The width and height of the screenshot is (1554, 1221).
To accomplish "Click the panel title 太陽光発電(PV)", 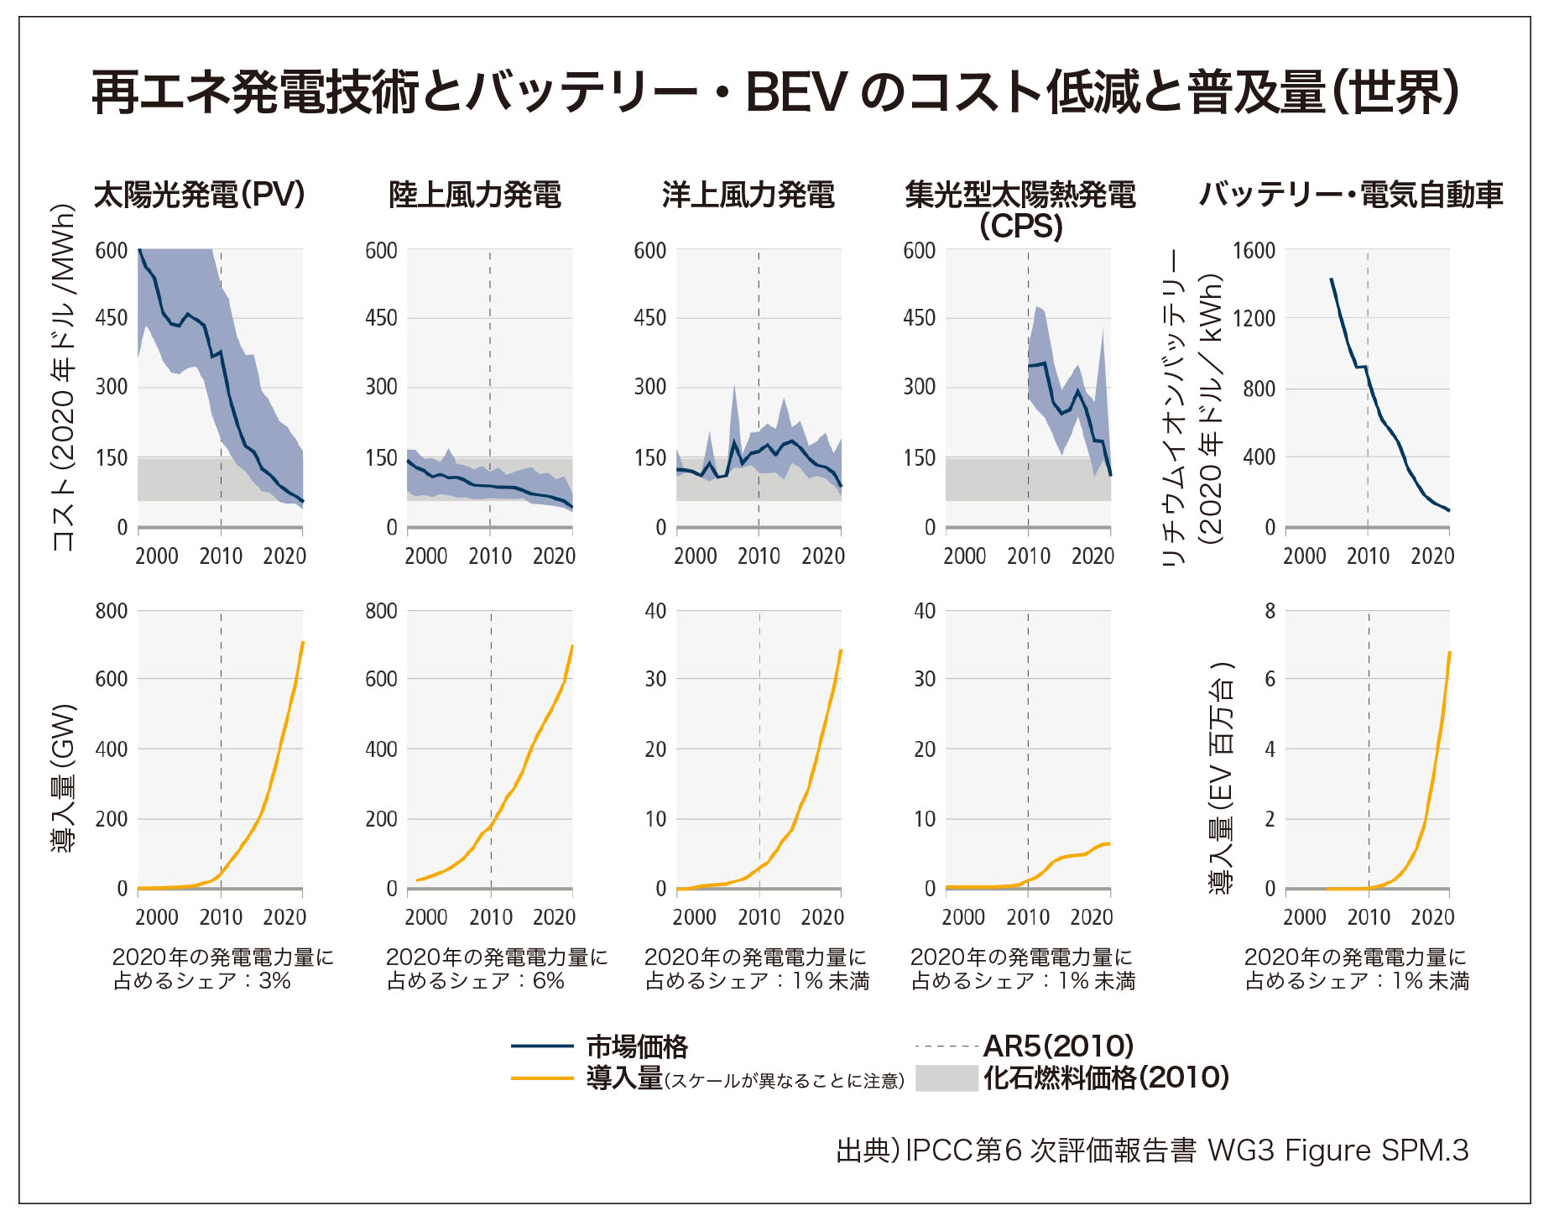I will point(199,195).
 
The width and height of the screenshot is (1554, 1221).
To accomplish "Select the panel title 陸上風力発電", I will point(475,195).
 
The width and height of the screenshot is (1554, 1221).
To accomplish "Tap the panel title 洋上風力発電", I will point(748,195).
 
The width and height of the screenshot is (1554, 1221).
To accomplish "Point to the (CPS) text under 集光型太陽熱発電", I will point(1020,227).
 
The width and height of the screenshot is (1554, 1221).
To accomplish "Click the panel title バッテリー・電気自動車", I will point(1351,195).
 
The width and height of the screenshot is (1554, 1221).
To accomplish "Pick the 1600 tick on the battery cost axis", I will point(1253,250).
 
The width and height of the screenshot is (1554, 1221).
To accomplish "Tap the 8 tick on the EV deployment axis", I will point(1270,611).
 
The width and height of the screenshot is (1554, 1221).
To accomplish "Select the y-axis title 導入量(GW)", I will point(64,776).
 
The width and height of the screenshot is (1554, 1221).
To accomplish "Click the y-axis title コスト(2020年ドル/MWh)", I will point(64,378).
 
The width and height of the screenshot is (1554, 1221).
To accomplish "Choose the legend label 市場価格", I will point(637,1046).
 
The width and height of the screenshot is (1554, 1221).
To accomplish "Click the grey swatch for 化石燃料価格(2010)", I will point(946,1078).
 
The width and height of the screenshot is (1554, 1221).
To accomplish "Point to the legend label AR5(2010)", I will point(1058,1046).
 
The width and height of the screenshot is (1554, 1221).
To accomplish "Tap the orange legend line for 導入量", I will point(542,1078).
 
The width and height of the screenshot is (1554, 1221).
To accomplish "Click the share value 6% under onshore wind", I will point(549,981).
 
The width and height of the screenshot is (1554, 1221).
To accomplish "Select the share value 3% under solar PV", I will point(274,981).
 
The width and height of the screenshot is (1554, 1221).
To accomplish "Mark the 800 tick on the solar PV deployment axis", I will point(112,611).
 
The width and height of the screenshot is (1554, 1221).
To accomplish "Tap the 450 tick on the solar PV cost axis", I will point(112,318).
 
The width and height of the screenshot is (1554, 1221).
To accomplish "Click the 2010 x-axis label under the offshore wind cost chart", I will point(759,556).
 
